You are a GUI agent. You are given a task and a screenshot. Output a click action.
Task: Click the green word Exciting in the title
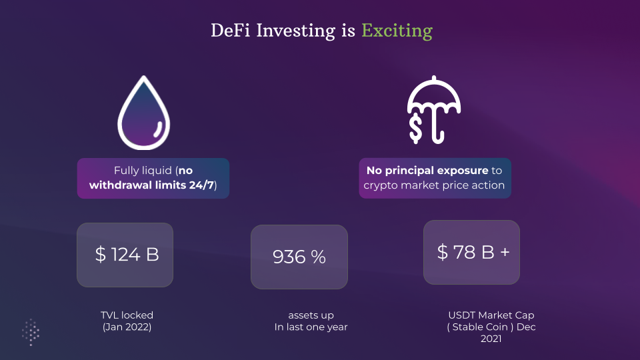(x=397, y=31)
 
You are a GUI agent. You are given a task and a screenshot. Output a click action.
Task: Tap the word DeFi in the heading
(x=230, y=31)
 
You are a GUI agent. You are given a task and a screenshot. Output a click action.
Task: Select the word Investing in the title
(x=296, y=31)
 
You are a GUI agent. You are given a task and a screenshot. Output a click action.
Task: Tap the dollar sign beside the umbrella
(x=415, y=128)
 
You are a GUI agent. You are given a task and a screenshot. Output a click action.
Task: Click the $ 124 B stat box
(x=125, y=255)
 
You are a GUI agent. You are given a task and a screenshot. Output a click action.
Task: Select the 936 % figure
(x=299, y=257)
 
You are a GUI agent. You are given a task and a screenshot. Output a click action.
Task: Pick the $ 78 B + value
(x=473, y=252)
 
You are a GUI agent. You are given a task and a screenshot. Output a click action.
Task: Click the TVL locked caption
(x=127, y=315)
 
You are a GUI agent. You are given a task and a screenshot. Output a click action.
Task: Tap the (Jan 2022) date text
(x=127, y=327)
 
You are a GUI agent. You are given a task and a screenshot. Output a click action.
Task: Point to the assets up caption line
(x=311, y=315)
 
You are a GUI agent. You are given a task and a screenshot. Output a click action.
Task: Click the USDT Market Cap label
(x=491, y=315)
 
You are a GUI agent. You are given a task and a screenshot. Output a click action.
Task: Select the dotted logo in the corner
(x=31, y=332)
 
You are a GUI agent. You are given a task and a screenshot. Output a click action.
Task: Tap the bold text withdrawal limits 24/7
(x=151, y=185)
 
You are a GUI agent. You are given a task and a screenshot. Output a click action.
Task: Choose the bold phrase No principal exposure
(x=427, y=171)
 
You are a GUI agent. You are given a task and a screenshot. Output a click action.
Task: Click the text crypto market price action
(x=434, y=185)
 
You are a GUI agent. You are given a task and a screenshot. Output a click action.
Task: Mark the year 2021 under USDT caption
(x=491, y=339)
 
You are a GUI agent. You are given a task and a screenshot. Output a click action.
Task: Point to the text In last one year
(x=311, y=327)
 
